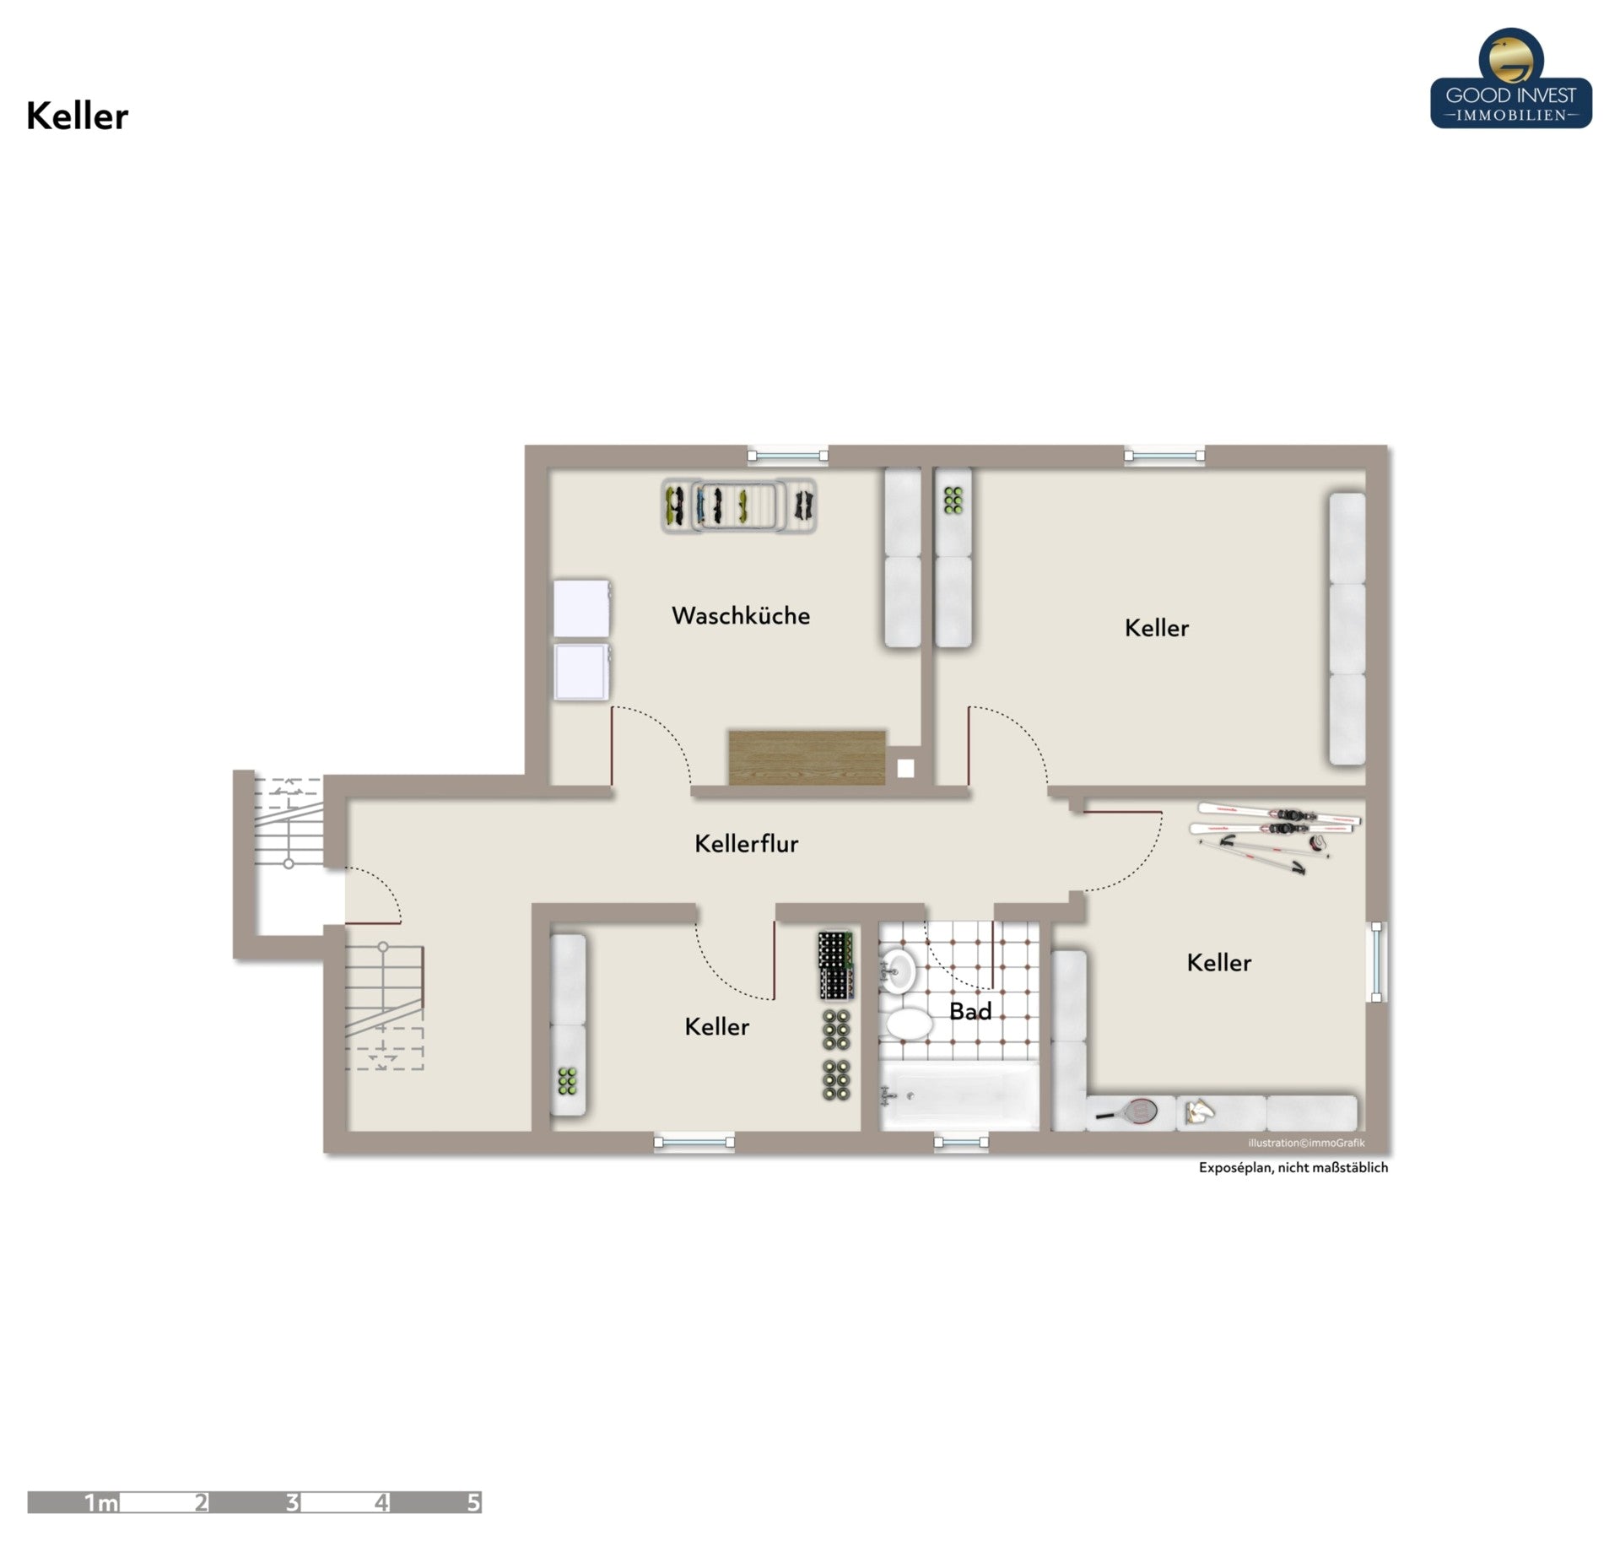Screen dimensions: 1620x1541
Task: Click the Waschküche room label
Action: click(740, 615)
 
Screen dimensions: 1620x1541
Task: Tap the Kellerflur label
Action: click(746, 843)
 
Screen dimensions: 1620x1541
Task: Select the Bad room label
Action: click(970, 1011)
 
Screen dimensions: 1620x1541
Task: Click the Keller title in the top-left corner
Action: click(77, 116)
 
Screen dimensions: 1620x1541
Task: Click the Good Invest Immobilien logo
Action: click(1511, 78)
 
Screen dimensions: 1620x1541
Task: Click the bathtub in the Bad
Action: click(959, 1095)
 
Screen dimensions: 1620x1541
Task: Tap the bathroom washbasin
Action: click(899, 971)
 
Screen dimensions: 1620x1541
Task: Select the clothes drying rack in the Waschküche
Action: click(739, 506)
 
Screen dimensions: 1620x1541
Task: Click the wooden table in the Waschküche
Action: click(807, 757)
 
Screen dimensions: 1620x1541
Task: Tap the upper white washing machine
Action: click(581, 608)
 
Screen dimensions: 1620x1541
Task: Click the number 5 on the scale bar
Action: click(473, 1502)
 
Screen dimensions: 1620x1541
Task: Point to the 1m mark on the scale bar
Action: click(101, 1502)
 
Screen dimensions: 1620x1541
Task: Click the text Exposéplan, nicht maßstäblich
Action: click(1293, 1168)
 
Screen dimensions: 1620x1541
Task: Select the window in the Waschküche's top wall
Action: click(788, 456)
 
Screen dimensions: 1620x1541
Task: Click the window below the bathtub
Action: click(961, 1143)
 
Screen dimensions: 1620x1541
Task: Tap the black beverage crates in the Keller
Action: click(836, 965)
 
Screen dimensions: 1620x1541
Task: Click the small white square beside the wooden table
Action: click(905, 769)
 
